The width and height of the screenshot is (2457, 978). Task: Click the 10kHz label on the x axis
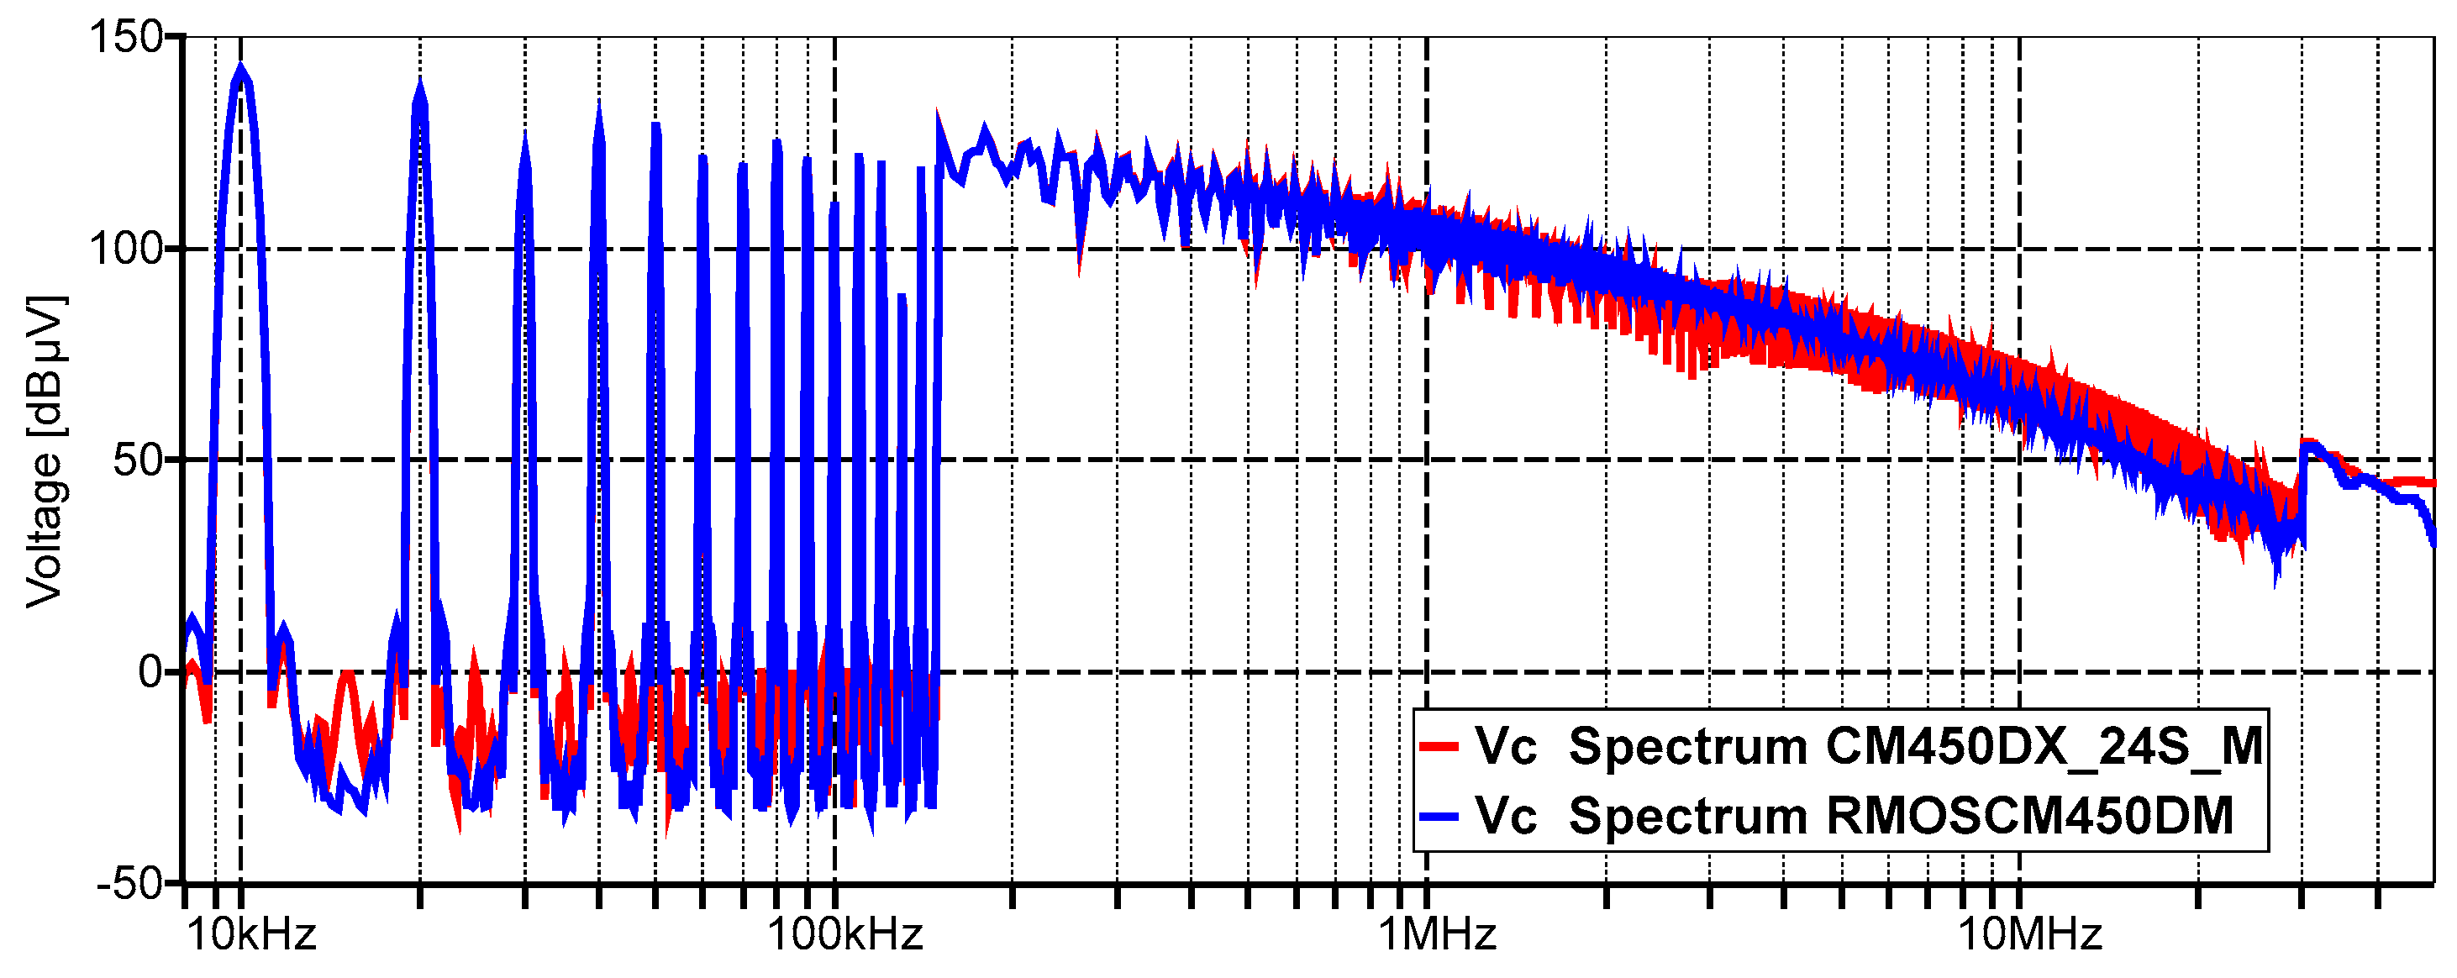pyautogui.click(x=251, y=934)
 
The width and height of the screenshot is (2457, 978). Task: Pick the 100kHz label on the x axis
pyautogui.click(x=845, y=934)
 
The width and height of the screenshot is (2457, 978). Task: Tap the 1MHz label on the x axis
pyautogui.click(x=1436, y=934)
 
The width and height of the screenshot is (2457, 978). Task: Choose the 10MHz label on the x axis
pyautogui.click(x=2029, y=934)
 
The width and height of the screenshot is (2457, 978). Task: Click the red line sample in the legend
pyautogui.click(x=1439, y=746)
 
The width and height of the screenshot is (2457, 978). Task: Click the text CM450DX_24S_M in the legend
pyautogui.click(x=2044, y=746)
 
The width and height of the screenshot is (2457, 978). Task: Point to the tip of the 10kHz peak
pyautogui.click(x=240, y=66)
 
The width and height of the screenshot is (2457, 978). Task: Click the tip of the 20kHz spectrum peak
pyautogui.click(x=419, y=84)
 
